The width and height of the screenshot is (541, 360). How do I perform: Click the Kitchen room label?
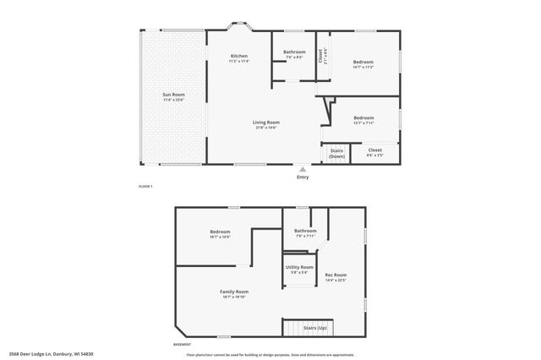tap(238, 58)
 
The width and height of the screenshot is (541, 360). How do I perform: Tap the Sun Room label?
tap(173, 95)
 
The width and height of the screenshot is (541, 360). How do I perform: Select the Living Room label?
tap(265, 123)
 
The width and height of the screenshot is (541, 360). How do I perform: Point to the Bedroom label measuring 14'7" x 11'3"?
tap(363, 63)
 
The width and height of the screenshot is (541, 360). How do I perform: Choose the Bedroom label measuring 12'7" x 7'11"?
tap(363, 118)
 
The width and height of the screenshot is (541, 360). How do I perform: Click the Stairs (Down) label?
tap(336, 154)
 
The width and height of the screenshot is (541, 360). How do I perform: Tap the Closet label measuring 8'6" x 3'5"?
tap(374, 151)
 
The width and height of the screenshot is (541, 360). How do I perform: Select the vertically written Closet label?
tap(320, 56)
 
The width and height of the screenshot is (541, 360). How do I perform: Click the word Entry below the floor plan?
tap(303, 177)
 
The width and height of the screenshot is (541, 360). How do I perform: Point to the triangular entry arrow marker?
tap(303, 168)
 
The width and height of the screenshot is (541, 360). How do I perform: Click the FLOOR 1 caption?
tap(145, 186)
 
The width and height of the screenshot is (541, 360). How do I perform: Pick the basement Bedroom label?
tap(220, 232)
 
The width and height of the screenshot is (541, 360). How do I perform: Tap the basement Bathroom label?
tap(305, 232)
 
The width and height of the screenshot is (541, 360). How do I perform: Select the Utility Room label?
tap(301, 268)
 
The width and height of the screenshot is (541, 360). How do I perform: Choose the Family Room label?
tap(235, 292)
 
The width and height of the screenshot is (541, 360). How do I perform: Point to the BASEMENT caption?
tap(182, 345)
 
